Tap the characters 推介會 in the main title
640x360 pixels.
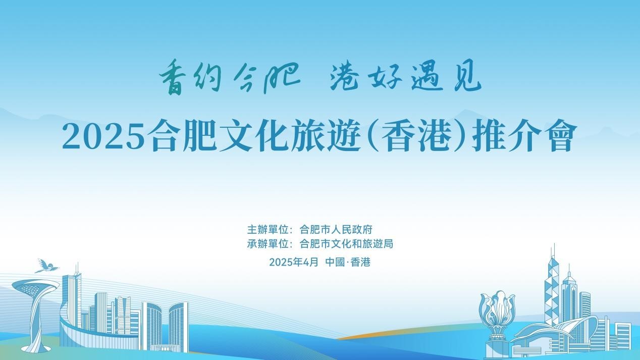[522, 136]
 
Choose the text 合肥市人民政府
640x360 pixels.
[336, 229]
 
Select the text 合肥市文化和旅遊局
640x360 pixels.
[346, 244]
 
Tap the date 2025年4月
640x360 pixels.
[294, 262]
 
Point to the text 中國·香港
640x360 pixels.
[348, 262]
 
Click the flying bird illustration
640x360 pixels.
[46, 266]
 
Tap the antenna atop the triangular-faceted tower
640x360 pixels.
[554, 251]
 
